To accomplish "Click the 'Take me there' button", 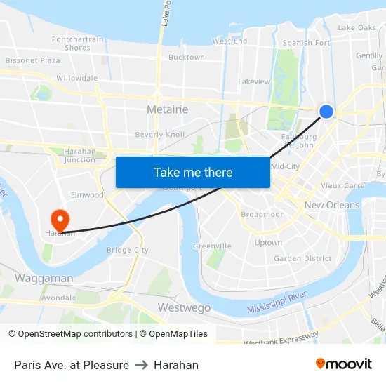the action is click(193, 172).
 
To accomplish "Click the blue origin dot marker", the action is click(326, 111).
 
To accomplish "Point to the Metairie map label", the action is click(167, 109).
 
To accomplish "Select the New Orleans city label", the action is click(332, 205).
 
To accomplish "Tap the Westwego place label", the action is click(184, 308).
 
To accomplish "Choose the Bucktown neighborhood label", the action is click(187, 58).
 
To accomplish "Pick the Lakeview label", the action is click(254, 81).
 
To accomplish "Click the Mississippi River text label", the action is click(277, 303).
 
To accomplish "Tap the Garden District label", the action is click(302, 258).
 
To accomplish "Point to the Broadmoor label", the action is click(262, 214).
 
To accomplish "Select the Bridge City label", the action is click(127, 250).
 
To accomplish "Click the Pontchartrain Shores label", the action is click(77, 44).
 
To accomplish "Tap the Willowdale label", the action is click(76, 78).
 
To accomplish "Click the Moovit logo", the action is click(344, 364).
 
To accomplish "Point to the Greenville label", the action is click(212, 246).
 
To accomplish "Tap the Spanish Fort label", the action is click(306, 43).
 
